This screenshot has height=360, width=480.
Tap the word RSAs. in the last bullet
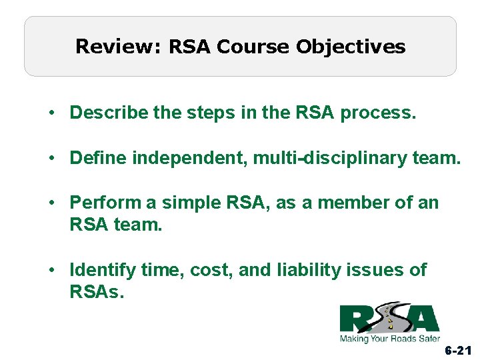(97, 292)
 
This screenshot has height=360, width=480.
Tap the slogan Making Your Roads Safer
(390, 338)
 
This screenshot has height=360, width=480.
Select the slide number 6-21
(457, 350)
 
